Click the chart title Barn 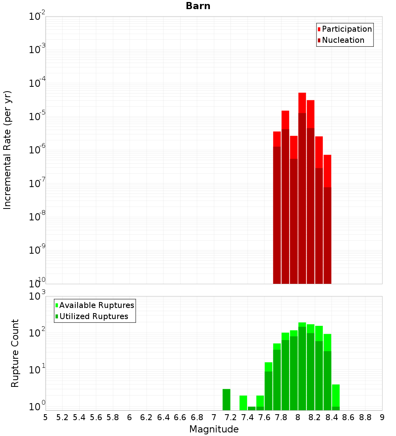click(x=198, y=6)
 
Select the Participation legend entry click(x=346, y=29)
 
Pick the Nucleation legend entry click(x=343, y=40)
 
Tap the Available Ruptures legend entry click(x=96, y=305)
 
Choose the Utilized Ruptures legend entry click(x=93, y=316)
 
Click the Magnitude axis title click(x=214, y=429)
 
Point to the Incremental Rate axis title click(x=7, y=150)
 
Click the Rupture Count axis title click(x=15, y=353)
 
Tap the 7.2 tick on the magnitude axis click(x=231, y=417)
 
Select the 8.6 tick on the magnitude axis click(x=348, y=417)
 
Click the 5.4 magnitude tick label click(x=79, y=417)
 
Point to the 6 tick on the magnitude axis click(x=129, y=417)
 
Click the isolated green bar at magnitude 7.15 click(x=227, y=400)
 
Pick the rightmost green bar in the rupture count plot click(x=336, y=396)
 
